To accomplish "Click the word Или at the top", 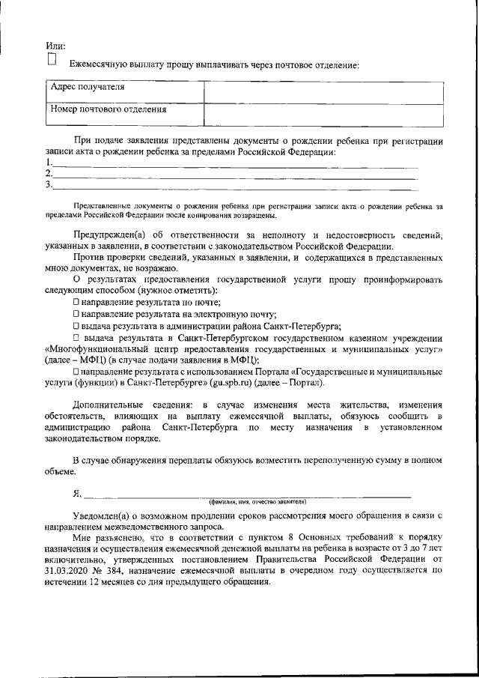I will point(55,47).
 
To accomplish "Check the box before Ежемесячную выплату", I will point(52,60).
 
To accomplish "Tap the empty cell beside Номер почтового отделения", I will point(322,112).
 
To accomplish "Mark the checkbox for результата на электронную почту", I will point(76,313).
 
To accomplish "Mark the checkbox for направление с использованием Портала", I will point(76,371).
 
